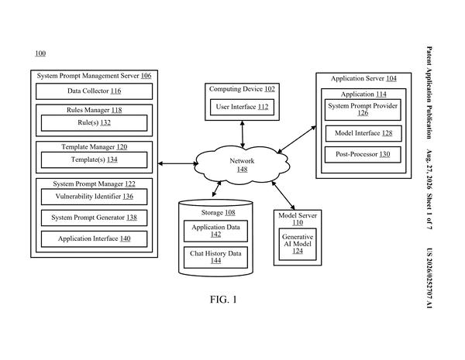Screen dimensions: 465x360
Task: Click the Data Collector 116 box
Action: [x=95, y=91]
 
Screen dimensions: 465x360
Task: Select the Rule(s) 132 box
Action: [x=95, y=123]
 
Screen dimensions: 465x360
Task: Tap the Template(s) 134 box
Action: [x=95, y=160]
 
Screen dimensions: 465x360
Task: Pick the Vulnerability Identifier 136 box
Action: [x=95, y=197]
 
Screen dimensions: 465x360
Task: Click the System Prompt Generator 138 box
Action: [x=95, y=218]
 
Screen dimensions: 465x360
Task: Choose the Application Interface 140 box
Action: [x=95, y=239]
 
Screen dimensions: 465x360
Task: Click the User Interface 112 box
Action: [x=242, y=108]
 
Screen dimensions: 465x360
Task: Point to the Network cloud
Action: [x=242, y=163]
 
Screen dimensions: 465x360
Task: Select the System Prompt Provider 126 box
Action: [x=363, y=110]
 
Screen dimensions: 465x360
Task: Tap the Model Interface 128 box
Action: [x=363, y=134]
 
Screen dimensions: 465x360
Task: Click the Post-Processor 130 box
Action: [x=363, y=155]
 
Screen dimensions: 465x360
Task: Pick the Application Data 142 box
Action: [x=216, y=231]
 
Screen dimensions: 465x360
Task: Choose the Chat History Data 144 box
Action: [x=216, y=258]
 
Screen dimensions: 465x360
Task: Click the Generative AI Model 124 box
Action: [x=298, y=244]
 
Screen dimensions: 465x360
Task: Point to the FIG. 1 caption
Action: [x=223, y=300]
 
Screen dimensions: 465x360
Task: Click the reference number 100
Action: [x=40, y=53]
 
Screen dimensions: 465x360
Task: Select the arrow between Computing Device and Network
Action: [x=243, y=134]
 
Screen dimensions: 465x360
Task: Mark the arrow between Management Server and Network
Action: [x=178, y=163]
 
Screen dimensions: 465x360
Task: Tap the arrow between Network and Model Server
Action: [x=283, y=196]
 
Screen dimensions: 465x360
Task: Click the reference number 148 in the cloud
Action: [x=243, y=170]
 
